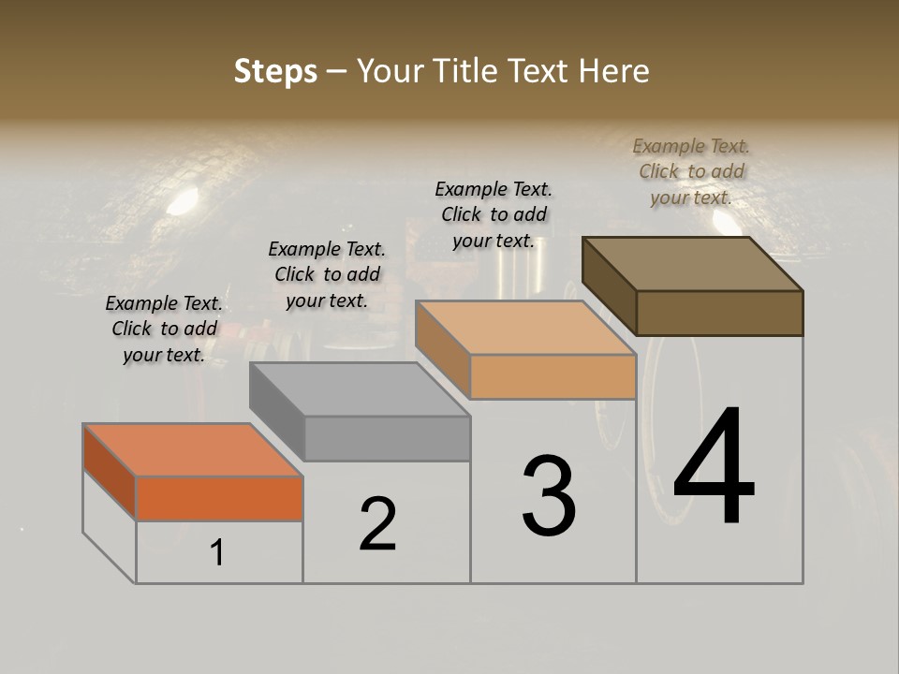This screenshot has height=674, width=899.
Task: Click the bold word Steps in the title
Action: click(x=275, y=71)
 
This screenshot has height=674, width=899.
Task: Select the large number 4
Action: click(x=714, y=468)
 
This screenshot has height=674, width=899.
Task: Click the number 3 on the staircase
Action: click(x=549, y=496)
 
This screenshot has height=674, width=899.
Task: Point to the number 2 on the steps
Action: click(x=377, y=524)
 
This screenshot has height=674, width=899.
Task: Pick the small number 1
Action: click(x=217, y=553)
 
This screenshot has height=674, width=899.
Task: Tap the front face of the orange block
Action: click(x=219, y=498)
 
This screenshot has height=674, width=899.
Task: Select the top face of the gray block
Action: click(x=360, y=389)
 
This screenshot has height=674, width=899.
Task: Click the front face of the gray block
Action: click(x=387, y=438)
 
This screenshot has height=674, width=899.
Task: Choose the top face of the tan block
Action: click(x=525, y=328)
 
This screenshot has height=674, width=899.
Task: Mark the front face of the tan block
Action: click(x=553, y=377)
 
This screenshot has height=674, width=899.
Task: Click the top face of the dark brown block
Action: click(x=693, y=263)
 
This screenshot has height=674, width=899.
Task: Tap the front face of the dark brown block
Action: click(x=719, y=313)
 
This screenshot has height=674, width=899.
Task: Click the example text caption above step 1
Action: click(x=164, y=329)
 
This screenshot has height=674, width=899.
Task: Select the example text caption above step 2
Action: click(x=327, y=274)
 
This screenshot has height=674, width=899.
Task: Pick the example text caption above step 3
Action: click(x=494, y=214)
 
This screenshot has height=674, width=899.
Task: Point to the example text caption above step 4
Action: click(x=691, y=171)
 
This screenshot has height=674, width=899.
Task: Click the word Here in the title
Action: click(x=615, y=71)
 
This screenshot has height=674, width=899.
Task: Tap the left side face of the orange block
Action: click(x=110, y=473)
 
